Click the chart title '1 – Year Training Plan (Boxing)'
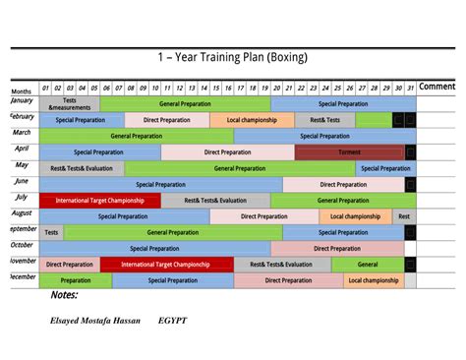click(232, 57)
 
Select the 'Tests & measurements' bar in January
click(70, 103)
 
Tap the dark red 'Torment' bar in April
click(349, 152)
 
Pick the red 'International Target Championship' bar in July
click(99, 200)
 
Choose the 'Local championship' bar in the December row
click(374, 280)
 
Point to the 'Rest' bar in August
click(404, 216)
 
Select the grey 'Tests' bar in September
click(51, 233)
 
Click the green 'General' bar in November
click(368, 265)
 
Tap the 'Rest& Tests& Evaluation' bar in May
click(82, 168)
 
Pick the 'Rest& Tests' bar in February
click(325, 120)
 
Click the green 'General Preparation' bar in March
click(137, 136)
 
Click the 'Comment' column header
click(437, 87)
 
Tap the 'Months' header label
click(22, 90)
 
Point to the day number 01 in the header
click(45, 88)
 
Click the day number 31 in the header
click(410, 88)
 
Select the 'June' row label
click(22, 182)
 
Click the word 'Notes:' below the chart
click(64, 294)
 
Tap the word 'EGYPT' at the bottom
click(172, 321)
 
